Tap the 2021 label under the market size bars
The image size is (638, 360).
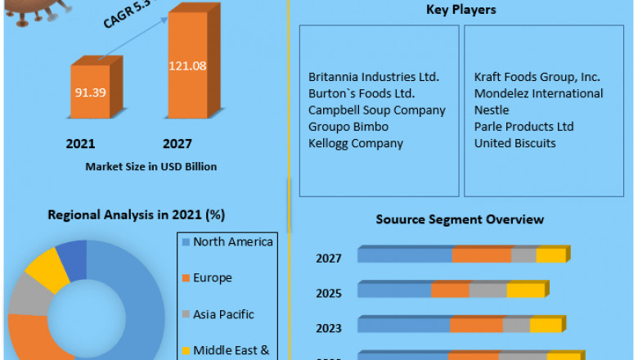coord(80,144)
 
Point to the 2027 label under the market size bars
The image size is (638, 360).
coord(177,144)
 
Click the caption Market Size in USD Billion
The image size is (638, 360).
coord(151,167)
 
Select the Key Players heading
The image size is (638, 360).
coord(461,11)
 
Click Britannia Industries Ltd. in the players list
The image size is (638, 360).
coord(374,77)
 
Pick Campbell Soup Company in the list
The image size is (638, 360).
coord(377,110)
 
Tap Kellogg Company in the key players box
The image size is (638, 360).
coord(356,143)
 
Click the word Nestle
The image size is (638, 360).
coord(492,110)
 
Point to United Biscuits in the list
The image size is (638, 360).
coord(515,143)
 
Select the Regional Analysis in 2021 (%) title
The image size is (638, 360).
coord(137,215)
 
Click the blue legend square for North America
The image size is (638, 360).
coord(185,242)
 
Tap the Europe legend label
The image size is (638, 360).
coord(213,278)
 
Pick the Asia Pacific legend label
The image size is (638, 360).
coord(223,314)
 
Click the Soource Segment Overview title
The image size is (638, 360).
coord(460,219)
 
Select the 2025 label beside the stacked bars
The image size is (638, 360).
coord(329,293)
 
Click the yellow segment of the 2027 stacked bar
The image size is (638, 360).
coord(550,255)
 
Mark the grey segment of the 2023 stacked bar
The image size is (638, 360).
coord(516,325)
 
